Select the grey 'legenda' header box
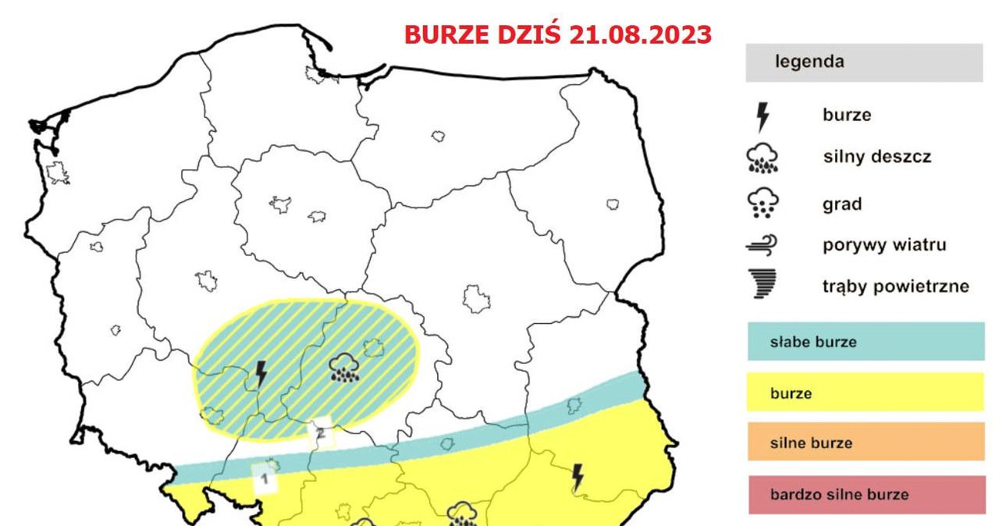point(864,62)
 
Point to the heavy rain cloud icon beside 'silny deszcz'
point(763,159)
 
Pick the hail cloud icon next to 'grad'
point(763,204)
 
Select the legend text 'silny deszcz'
point(876,157)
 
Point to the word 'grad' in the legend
point(841,204)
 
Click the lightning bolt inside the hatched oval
point(261,375)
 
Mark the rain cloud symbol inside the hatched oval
point(344,366)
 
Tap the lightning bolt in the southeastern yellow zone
point(578,476)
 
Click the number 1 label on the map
point(265,478)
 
